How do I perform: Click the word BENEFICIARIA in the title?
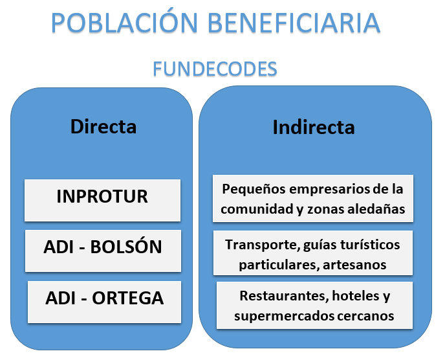click(x=294, y=23)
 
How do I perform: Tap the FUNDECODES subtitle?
click(x=215, y=69)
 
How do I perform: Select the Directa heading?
click(x=103, y=126)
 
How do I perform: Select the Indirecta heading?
click(x=314, y=127)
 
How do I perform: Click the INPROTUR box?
click(x=102, y=200)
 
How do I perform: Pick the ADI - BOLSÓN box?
click(x=103, y=251)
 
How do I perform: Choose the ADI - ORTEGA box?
click(x=104, y=302)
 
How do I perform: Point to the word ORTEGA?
click(x=127, y=298)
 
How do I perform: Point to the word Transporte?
click(x=263, y=245)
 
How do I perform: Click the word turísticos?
click(x=370, y=245)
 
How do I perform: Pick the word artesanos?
click(x=354, y=265)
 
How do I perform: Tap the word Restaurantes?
click(x=284, y=296)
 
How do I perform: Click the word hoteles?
click(x=356, y=296)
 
